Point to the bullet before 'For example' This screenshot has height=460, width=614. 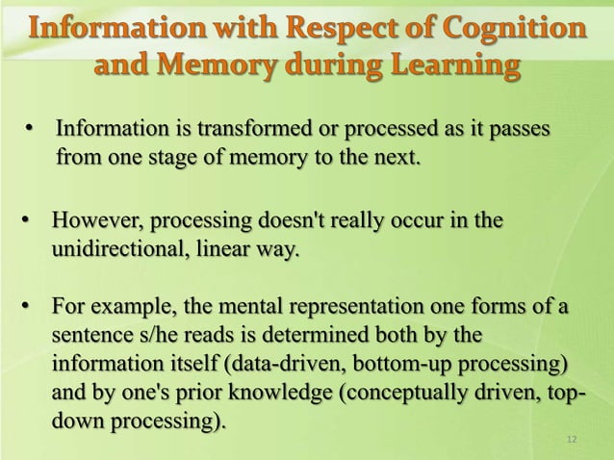coord(29,308)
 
